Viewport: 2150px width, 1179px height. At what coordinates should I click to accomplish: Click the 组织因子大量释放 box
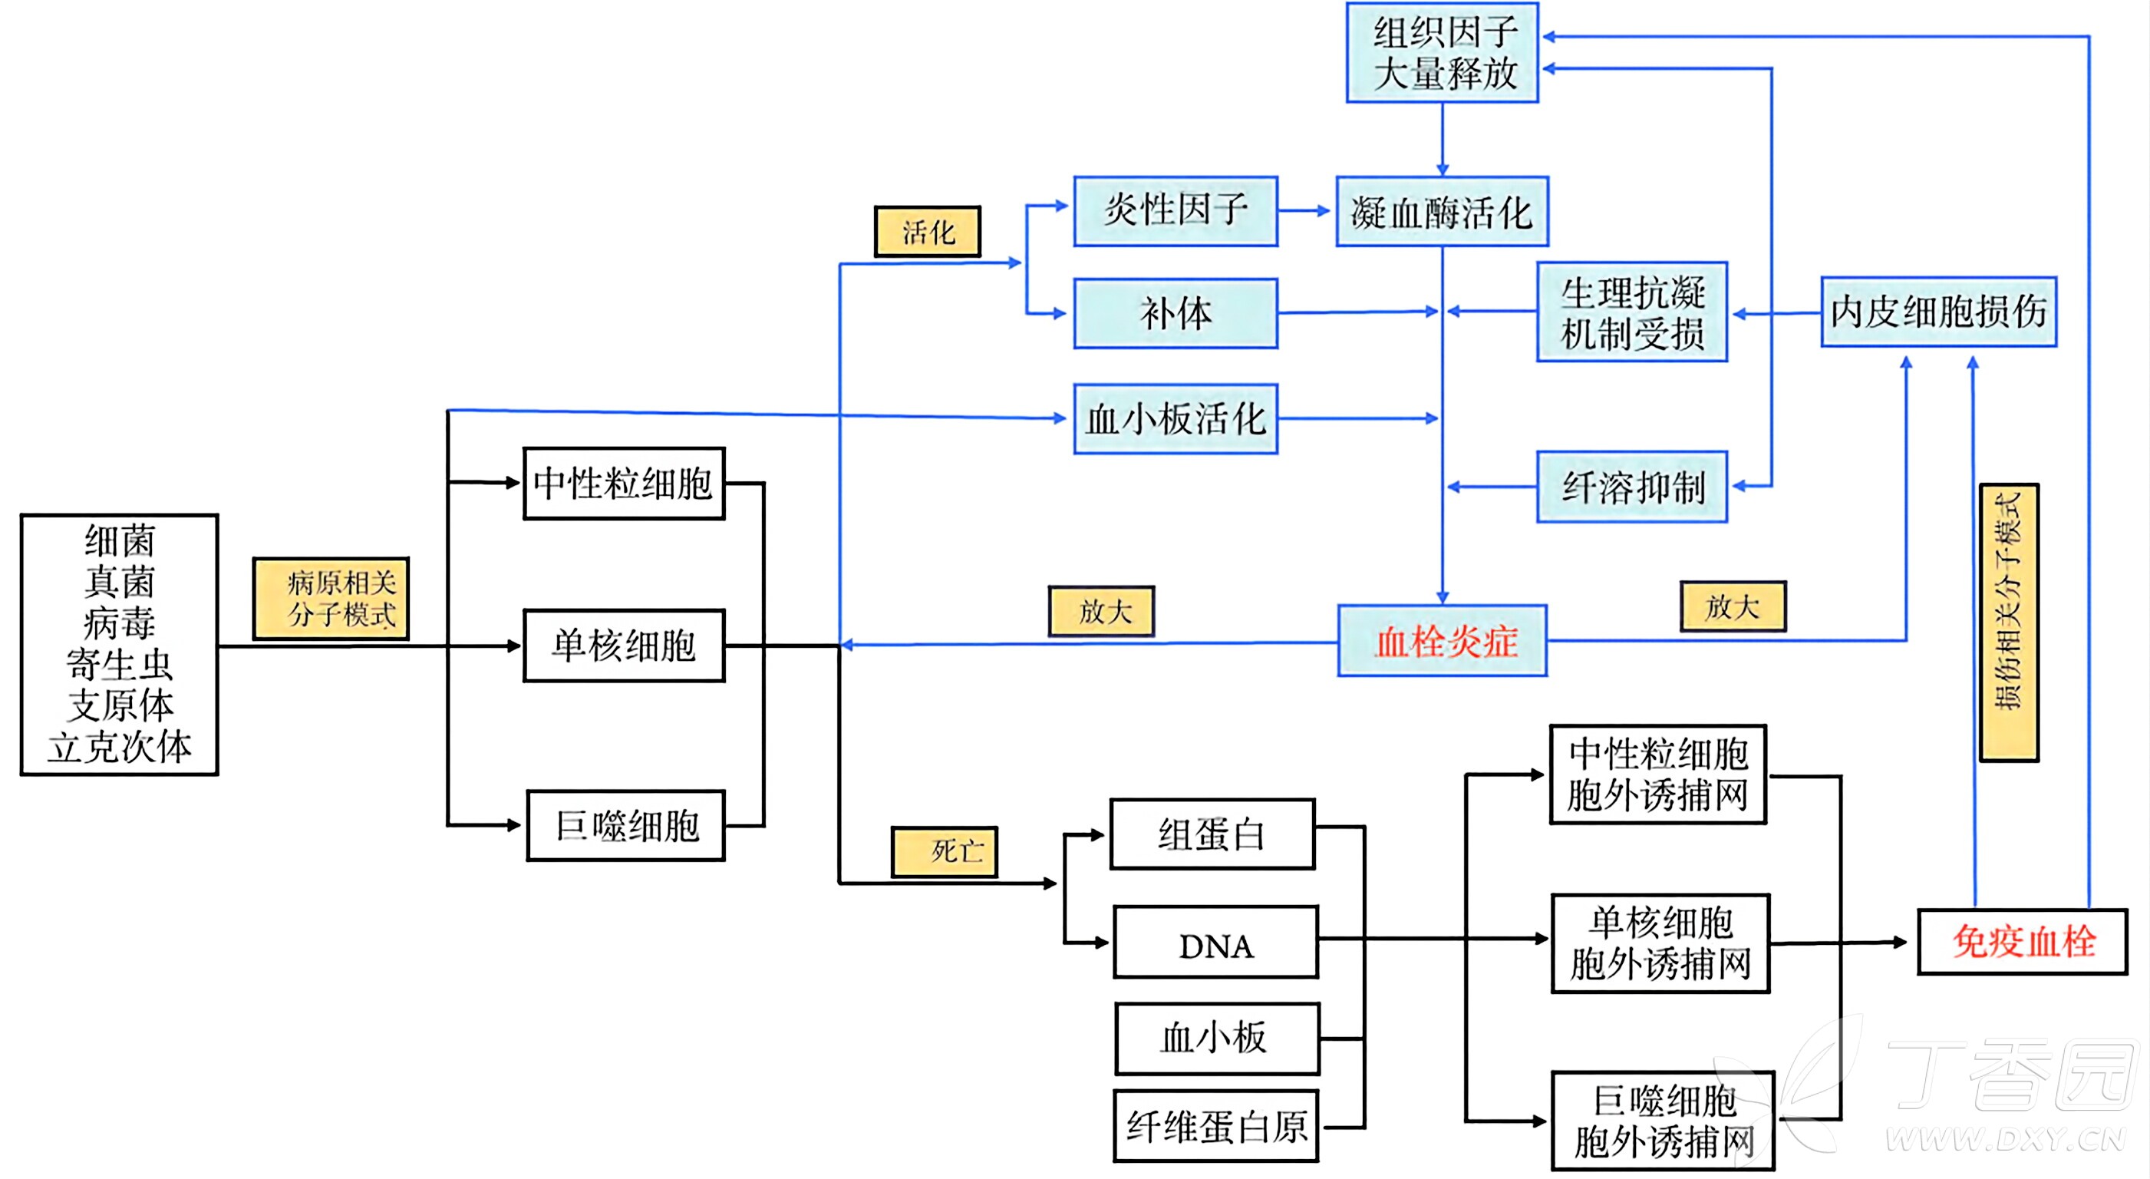pos(1442,53)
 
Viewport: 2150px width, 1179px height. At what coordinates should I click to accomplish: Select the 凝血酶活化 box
pos(1442,211)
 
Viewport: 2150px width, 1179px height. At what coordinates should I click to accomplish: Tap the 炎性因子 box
pos(1176,210)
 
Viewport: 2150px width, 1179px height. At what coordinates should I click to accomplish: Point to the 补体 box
pos(1176,313)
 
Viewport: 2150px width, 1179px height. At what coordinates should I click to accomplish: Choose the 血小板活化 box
pos(1176,418)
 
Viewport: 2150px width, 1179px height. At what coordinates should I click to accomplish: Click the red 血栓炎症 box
pos(1443,641)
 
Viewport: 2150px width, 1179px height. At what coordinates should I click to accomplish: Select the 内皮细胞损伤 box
pos(1938,312)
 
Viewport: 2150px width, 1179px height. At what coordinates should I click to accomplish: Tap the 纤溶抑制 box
pos(1632,487)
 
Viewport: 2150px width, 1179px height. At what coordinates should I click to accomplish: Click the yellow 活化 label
pos(927,231)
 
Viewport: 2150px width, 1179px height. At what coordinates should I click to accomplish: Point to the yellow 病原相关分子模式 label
pos(331,599)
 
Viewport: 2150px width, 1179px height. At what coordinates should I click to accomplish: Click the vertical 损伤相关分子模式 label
pos(2008,622)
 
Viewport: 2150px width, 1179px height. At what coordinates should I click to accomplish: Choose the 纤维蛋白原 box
pos(1216,1125)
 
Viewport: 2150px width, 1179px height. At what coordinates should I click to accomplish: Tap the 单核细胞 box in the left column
pos(624,646)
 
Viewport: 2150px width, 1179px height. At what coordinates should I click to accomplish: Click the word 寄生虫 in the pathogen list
pos(120,665)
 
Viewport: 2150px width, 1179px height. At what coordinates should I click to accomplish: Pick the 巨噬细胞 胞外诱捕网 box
pos(1663,1121)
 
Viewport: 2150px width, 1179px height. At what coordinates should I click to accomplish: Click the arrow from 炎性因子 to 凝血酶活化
pos(1304,210)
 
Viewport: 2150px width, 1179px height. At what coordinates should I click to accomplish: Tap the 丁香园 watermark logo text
pos(2011,1077)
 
